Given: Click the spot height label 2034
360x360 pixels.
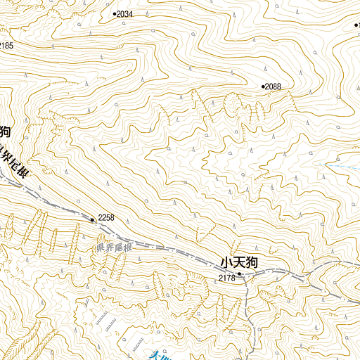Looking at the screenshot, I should pyautogui.click(x=125, y=14).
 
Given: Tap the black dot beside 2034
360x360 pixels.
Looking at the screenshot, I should pyautogui.click(x=114, y=13).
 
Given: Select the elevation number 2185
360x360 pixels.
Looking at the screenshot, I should pyautogui.click(x=6, y=46).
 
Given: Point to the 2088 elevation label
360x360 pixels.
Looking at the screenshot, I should pyautogui.click(x=274, y=86).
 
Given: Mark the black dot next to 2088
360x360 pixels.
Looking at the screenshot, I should pyautogui.click(x=264, y=86).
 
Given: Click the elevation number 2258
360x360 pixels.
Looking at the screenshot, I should pyautogui.click(x=106, y=217).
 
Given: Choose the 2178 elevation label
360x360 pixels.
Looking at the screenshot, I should pyautogui.click(x=226, y=278).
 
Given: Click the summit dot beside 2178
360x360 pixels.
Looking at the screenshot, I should pyautogui.click(x=239, y=274).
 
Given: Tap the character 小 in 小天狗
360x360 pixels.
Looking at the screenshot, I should pyautogui.click(x=226, y=262).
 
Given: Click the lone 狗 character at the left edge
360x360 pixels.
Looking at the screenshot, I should pyautogui.click(x=4, y=131).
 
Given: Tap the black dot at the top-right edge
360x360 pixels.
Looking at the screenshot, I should pyautogui.click(x=356, y=25).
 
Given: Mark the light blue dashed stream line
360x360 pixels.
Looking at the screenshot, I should pyautogui.click(x=109, y=320).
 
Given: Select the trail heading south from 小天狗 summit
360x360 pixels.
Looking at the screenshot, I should pyautogui.click(x=245, y=302).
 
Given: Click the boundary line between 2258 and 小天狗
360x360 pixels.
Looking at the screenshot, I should pyautogui.click(x=169, y=248).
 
